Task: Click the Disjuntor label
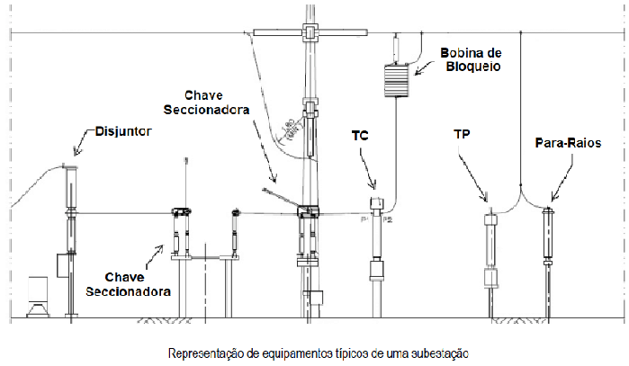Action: [123, 131]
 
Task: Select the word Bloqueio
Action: [474, 66]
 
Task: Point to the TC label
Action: [360, 135]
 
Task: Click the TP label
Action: [463, 134]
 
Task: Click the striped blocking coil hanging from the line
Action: [395, 81]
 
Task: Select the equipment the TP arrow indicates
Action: [491, 247]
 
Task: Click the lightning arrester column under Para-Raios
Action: [548, 238]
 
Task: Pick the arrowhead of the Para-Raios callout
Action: [551, 200]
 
